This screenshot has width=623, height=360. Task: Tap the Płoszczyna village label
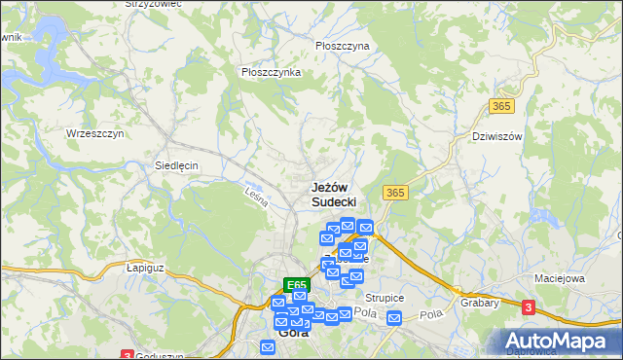pyautogui.click(x=343, y=46)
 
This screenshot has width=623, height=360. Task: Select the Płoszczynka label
pyautogui.click(x=271, y=72)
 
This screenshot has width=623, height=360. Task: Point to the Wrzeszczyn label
pyautogui.click(x=94, y=133)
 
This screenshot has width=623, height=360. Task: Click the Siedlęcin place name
pyautogui.click(x=176, y=165)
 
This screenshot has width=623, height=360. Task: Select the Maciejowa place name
pyautogui.click(x=559, y=278)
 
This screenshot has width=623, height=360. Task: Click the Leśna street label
pyautogui.click(x=256, y=197)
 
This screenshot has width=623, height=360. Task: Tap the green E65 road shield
pyautogui.click(x=297, y=285)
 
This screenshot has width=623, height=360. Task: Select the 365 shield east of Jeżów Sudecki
pyautogui.click(x=394, y=193)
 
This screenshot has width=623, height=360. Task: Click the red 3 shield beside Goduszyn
pyautogui.click(x=127, y=355)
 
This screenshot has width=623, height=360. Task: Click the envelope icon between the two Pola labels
pyautogui.click(x=394, y=318)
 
